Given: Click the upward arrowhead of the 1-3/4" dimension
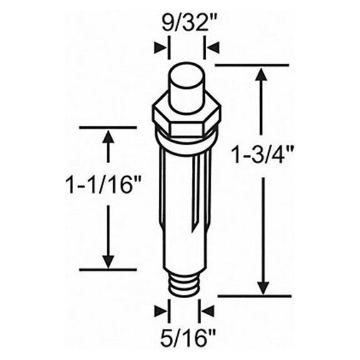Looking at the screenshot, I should click(x=263, y=74).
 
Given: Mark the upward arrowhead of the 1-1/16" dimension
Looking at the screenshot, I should click(x=109, y=137).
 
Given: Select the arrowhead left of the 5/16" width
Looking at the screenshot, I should click(x=164, y=309).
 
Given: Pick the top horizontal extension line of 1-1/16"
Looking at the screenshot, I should click(x=107, y=127).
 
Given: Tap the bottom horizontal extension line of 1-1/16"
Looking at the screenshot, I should click(x=107, y=270).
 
